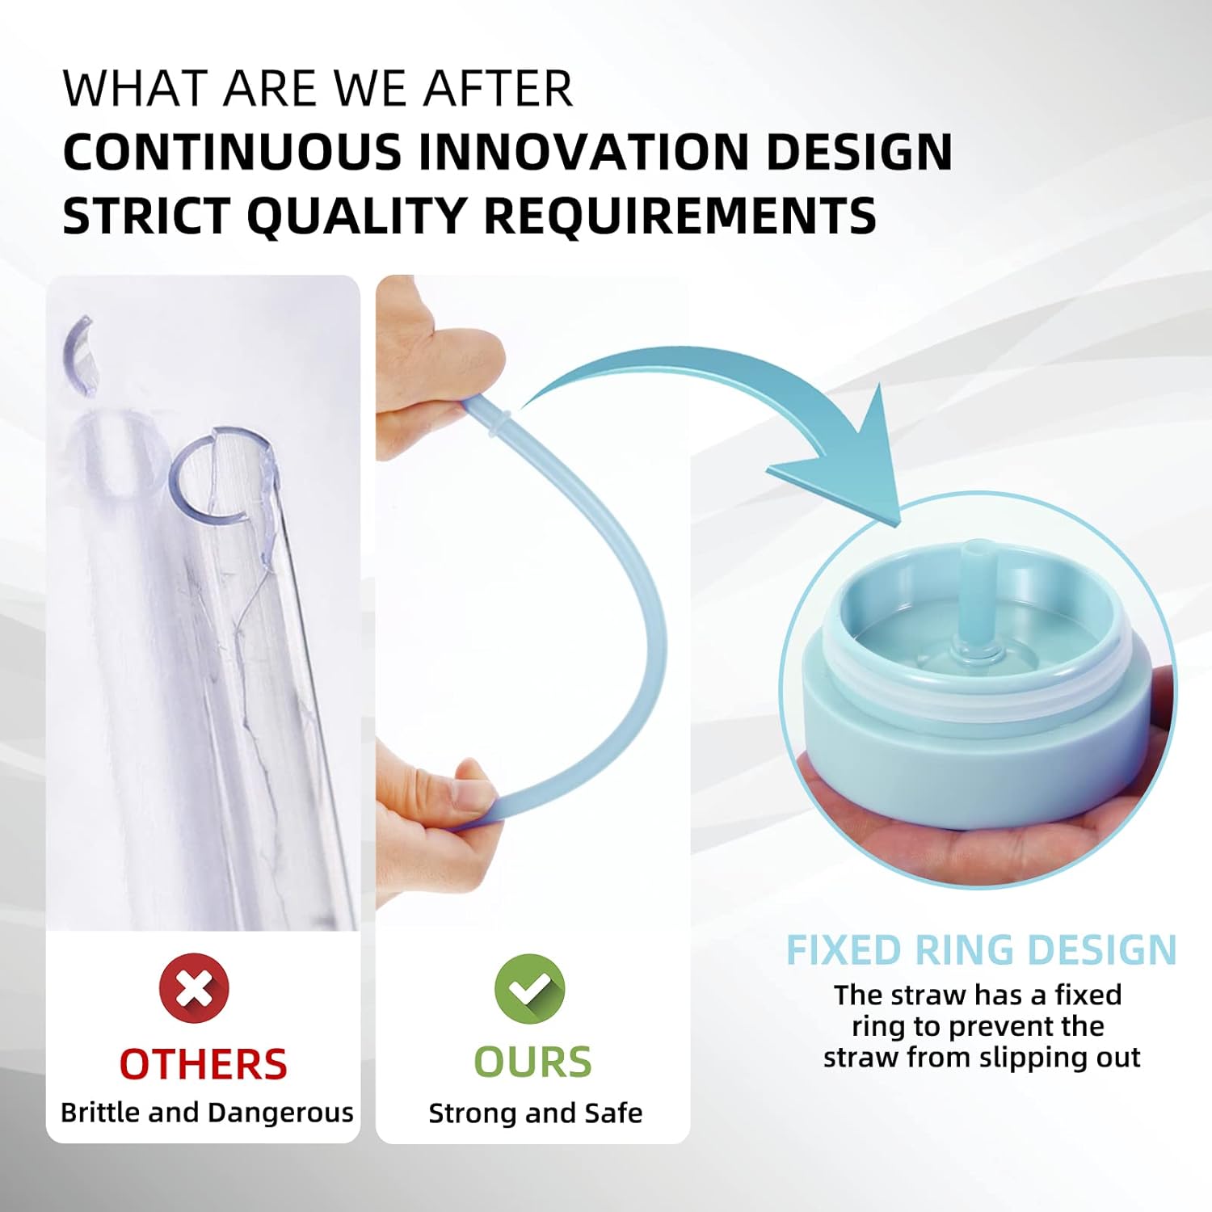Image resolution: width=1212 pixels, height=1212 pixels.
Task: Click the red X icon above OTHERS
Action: click(x=194, y=987)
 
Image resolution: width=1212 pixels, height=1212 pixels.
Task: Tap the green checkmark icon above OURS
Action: click(x=530, y=988)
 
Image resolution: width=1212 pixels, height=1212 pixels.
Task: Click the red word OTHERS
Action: click(x=203, y=1064)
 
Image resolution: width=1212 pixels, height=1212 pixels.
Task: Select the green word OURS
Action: click(x=532, y=1062)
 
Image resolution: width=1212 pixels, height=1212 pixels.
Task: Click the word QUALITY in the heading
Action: click(x=356, y=216)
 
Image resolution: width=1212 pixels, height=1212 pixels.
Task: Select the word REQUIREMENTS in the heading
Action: click(x=680, y=216)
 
